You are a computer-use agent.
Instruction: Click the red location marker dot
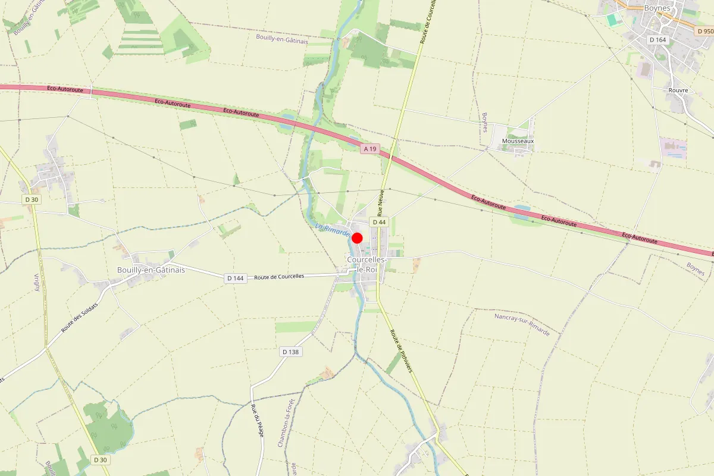point(357,238)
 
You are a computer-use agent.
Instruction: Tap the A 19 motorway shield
point(370,149)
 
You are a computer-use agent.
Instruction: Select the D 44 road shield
point(379,222)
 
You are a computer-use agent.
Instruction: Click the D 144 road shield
point(236,278)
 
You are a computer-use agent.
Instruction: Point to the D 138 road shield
point(290,352)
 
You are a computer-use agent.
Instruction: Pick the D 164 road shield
point(657,40)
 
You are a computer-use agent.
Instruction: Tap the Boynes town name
point(657,8)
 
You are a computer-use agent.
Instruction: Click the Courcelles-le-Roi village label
point(367,265)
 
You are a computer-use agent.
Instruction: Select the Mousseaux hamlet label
point(518,141)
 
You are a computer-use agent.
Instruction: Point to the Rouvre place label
point(678,90)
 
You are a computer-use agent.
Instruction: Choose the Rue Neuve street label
point(381,199)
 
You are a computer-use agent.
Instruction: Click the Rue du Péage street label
point(257,420)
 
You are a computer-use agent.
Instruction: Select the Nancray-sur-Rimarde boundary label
point(522,324)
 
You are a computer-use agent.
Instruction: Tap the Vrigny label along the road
point(37,283)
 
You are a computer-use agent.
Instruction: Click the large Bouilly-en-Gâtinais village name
point(151,270)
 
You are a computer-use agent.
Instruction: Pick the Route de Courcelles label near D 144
point(279,276)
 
